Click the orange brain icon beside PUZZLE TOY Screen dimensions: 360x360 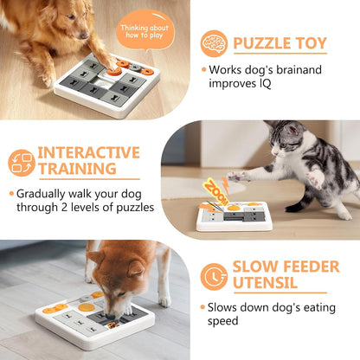pos(214,44)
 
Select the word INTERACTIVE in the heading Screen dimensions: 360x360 pos(89,153)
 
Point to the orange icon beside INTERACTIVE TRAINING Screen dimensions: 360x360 pos(22,163)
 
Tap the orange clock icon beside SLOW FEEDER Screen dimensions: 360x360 pos(213,276)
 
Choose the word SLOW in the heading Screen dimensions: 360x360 pos(256,266)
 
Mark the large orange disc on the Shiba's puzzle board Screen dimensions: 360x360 pos(87,305)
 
